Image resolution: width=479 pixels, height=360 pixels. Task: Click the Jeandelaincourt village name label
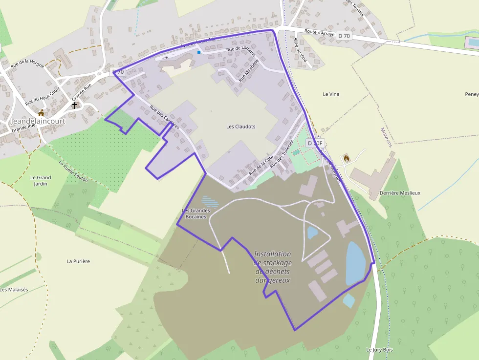(38, 121)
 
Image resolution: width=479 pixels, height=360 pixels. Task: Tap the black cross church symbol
(75, 105)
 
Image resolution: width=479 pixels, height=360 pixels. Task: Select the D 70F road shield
(315, 143)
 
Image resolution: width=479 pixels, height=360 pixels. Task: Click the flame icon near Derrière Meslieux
(347, 158)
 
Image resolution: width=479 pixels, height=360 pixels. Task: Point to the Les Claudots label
(240, 127)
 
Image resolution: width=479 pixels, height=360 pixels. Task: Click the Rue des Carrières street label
(164, 117)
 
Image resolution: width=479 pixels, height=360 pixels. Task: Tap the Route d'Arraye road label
(319, 33)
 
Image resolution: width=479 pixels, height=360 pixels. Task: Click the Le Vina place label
(331, 94)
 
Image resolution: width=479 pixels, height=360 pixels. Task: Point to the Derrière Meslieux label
(400, 193)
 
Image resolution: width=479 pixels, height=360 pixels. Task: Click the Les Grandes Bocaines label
(196, 213)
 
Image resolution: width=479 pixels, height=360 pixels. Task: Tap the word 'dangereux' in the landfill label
(273, 280)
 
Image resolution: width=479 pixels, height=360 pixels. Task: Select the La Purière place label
(78, 261)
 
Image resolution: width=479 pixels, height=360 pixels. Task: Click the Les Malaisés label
(14, 290)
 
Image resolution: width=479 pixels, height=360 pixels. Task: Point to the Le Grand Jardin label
(41, 181)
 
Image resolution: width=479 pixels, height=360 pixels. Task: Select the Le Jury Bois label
(379, 350)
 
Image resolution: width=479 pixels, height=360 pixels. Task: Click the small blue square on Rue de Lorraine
(199, 52)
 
